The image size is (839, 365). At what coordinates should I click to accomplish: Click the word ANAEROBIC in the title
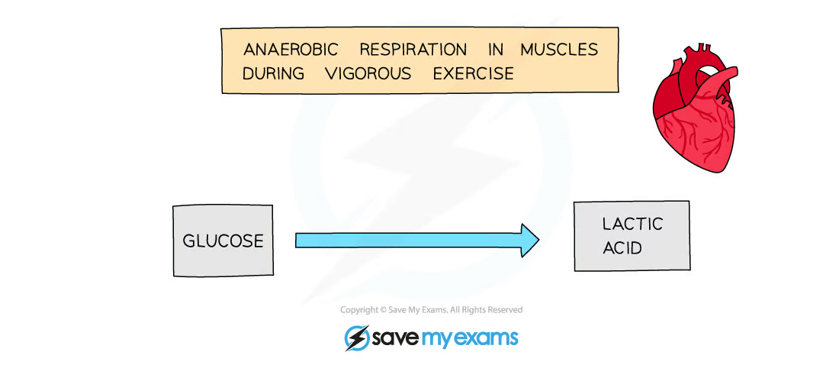point(291,50)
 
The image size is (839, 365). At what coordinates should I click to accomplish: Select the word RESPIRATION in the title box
point(413,50)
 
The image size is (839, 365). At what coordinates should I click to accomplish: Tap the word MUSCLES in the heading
point(559,50)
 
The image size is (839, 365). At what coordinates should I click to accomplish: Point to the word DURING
point(273,73)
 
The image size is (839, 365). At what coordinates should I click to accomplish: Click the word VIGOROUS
point(368,73)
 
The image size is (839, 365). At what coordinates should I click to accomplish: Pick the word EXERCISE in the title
point(473,73)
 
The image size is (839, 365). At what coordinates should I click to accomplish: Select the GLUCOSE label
point(223,241)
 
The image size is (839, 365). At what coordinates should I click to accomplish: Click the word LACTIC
point(632,224)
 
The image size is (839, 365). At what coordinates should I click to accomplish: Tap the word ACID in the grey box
point(622,248)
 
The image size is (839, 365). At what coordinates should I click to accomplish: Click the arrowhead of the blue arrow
point(530,241)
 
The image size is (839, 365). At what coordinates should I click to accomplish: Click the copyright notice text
point(431,310)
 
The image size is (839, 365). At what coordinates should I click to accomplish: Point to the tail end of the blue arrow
point(296,241)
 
